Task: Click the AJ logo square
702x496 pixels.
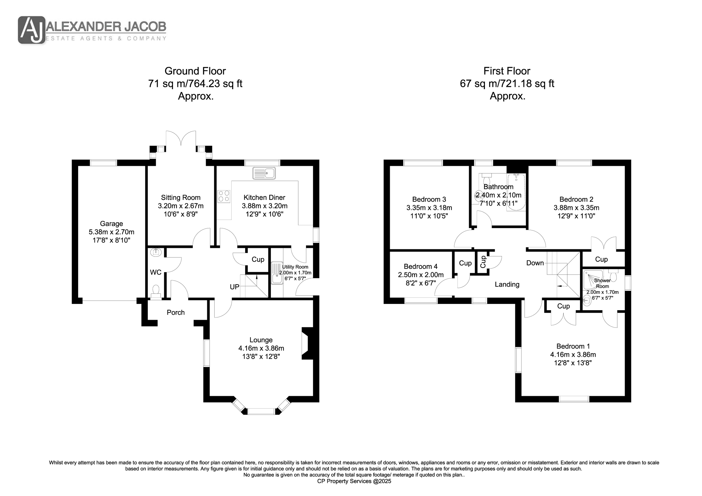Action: click(32, 30)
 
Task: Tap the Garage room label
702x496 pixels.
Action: click(111, 224)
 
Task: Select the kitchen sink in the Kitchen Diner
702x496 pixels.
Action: click(264, 173)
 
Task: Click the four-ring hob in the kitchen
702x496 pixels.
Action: click(224, 196)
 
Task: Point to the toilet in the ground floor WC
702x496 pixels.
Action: click(156, 291)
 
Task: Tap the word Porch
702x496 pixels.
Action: click(176, 312)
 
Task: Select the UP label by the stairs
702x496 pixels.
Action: click(234, 287)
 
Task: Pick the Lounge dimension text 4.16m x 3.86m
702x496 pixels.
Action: click(261, 348)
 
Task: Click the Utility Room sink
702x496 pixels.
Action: click(277, 273)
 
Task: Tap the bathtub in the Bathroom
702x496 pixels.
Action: click(516, 192)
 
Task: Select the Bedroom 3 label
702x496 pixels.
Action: click(429, 199)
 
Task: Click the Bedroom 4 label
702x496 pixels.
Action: click(420, 267)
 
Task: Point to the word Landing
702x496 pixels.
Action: click(507, 285)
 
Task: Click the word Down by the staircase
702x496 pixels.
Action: click(535, 263)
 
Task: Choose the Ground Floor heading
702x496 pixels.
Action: click(195, 71)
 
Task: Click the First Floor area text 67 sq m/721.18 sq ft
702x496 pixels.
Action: click(507, 83)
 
